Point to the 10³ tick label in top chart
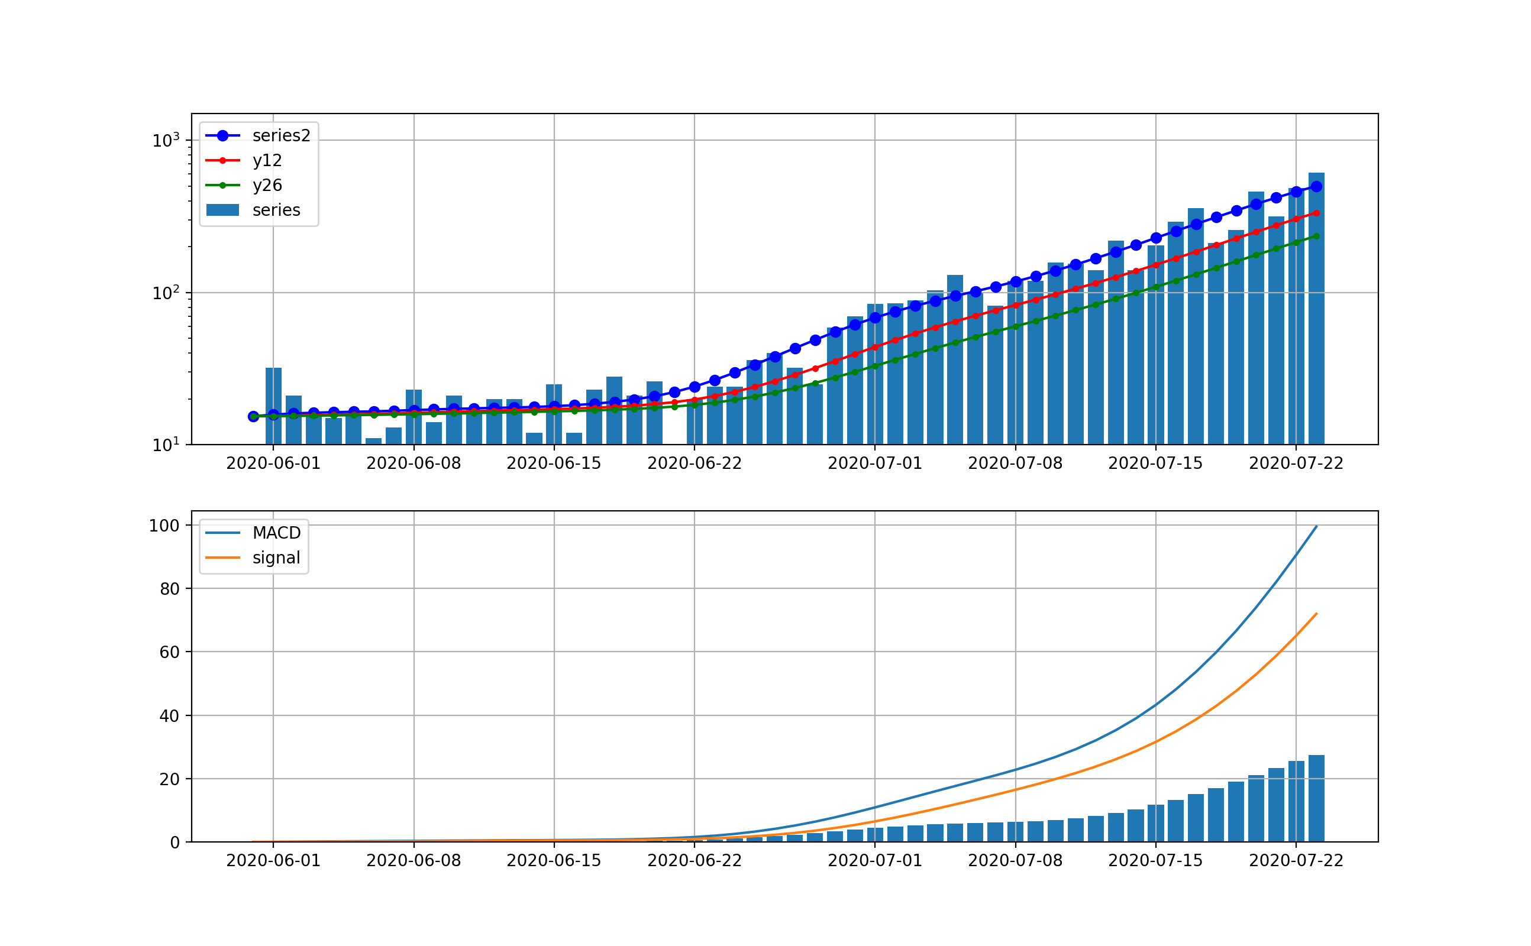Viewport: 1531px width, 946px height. click(x=165, y=141)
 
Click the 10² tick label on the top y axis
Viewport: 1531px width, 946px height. click(x=165, y=293)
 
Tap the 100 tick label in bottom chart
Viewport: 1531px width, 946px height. click(x=164, y=526)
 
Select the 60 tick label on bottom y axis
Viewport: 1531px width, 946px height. click(x=169, y=653)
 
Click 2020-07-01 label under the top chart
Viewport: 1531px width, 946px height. click(x=874, y=464)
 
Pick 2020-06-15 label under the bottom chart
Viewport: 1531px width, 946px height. click(x=553, y=861)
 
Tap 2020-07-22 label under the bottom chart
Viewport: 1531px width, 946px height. click(x=1296, y=861)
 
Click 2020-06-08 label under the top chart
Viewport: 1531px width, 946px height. click(x=413, y=464)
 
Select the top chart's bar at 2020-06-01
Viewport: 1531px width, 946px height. click(x=273, y=407)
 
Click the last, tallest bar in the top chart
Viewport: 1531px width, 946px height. click(x=1316, y=313)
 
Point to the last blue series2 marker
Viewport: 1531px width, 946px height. click(x=1316, y=186)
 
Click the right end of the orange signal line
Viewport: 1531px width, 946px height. click(x=1316, y=614)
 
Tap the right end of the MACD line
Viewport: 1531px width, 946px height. click(x=1316, y=527)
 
